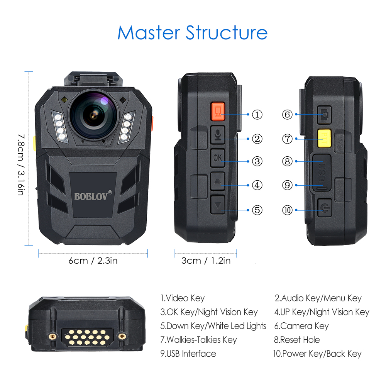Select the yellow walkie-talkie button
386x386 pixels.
(x=323, y=138)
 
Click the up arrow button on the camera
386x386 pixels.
(x=218, y=181)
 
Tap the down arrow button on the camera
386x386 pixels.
(x=218, y=204)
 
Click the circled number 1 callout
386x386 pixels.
(x=257, y=114)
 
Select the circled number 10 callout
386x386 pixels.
(x=288, y=210)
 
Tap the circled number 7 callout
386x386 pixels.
(x=288, y=139)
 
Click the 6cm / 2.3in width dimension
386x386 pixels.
(x=93, y=261)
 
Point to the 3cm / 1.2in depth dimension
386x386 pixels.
(x=206, y=261)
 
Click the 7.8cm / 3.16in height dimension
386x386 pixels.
(x=22, y=164)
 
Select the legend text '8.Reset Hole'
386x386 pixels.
(x=297, y=340)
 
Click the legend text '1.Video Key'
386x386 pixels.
(x=183, y=298)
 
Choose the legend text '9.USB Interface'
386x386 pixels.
(x=188, y=354)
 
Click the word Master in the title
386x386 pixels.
(x=149, y=33)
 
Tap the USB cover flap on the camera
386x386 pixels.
(x=322, y=173)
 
